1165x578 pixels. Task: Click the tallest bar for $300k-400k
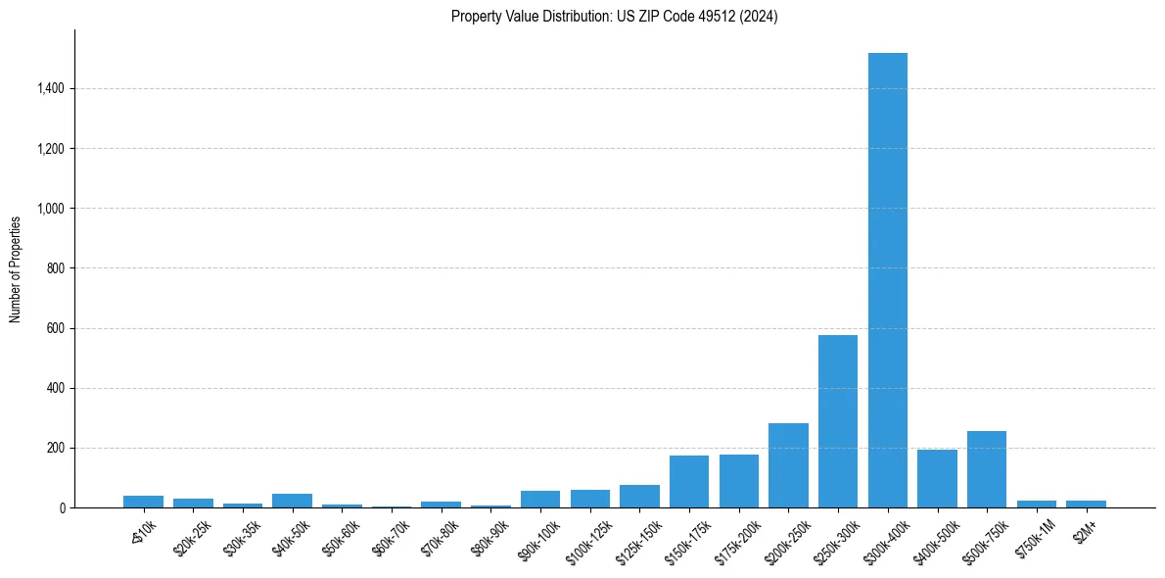pos(887,280)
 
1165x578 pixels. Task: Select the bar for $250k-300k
pos(838,421)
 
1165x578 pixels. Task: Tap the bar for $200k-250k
pos(788,465)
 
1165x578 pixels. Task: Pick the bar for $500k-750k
pos(987,469)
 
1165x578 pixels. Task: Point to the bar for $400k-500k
pos(937,478)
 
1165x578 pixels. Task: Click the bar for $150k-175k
pos(689,482)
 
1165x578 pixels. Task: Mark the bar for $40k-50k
pos(292,501)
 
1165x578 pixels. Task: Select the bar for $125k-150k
pos(639,497)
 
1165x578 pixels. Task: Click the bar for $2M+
pos(1086,504)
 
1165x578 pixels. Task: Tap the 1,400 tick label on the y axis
pos(50,89)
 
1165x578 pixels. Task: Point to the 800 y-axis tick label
pos(56,268)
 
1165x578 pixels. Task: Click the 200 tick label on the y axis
pos(56,448)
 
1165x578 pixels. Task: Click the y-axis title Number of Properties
pos(16,268)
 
